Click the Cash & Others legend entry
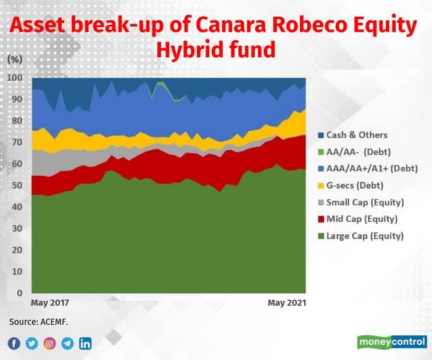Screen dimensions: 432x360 tap(353, 135)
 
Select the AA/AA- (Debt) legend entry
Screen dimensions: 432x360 tap(355, 152)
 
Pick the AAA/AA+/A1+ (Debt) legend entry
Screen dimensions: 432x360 tap(368, 168)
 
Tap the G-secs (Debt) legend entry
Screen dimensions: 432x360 tap(351, 186)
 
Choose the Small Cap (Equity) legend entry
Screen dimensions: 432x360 tap(361, 203)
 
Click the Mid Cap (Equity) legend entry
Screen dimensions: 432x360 tap(358, 219)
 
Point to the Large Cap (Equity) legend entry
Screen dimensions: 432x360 tap(361, 236)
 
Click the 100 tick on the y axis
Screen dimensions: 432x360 tap(15, 78)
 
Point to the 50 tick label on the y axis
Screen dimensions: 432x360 tap(17, 185)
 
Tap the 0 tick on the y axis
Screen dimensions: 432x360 tap(20, 293)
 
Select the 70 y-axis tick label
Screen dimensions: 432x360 tap(17, 142)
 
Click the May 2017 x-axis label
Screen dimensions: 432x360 tap(50, 303)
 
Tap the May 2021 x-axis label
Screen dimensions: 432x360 tap(287, 303)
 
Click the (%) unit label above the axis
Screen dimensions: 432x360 tap(15, 59)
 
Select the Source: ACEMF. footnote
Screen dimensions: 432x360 tap(38, 322)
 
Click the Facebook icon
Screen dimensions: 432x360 tap(14, 343)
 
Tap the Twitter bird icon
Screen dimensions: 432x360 tap(31, 343)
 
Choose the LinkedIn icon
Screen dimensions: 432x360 tap(85, 343)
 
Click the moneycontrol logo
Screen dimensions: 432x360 tap(392, 342)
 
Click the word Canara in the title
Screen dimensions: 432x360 tap(231, 25)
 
